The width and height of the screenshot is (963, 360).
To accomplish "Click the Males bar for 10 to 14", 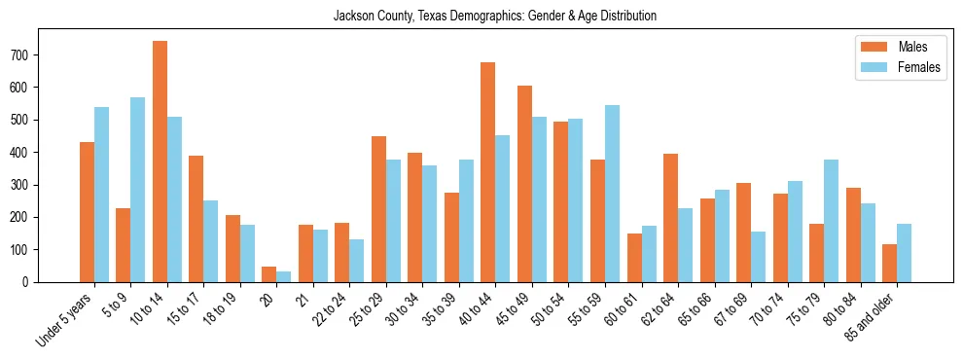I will point(160,162).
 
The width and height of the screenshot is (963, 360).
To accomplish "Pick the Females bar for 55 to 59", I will point(612,194).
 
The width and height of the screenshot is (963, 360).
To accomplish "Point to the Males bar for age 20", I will point(268,274).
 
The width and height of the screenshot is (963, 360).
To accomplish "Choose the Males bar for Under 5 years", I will point(87,212).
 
